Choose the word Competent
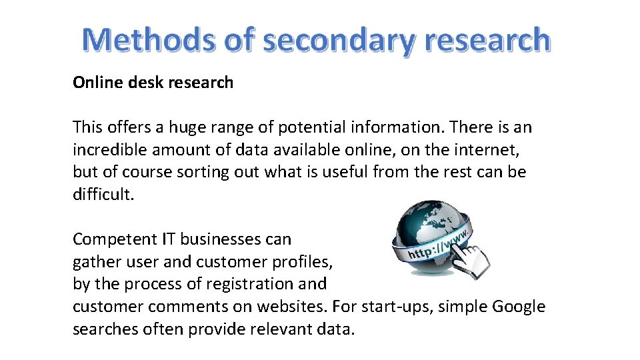113,239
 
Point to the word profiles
297,262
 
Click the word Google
519,307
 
